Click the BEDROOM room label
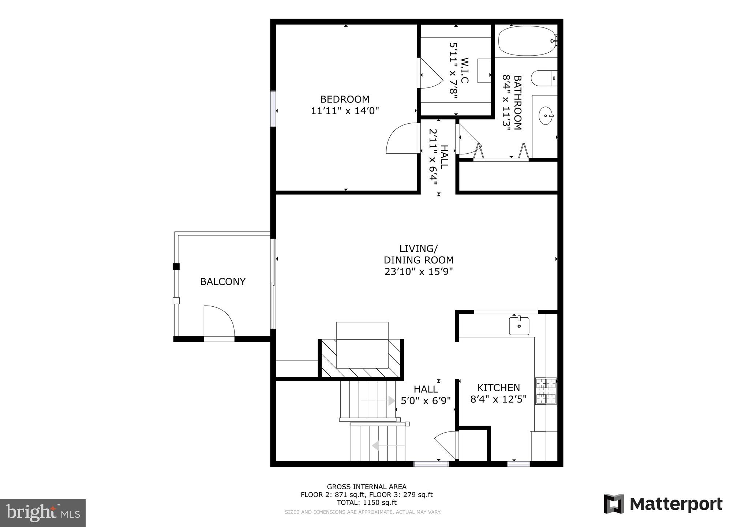(x=345, y=99)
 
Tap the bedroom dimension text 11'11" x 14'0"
(x=345, y=111)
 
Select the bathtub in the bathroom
(x=526, y=41)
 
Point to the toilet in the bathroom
(x=543, y=78)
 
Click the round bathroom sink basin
(x=546, y=116)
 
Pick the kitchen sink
(x=519, y=326)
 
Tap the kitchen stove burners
(x=546, y=391)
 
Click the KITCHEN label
(x=498, y=388)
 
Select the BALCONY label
(x=222, y=281)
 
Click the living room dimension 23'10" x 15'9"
(x=419, y=272)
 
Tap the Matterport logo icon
(x=614, y=504)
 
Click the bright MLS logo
(x=43, y=513)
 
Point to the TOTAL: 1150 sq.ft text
(x=366, y=502)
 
